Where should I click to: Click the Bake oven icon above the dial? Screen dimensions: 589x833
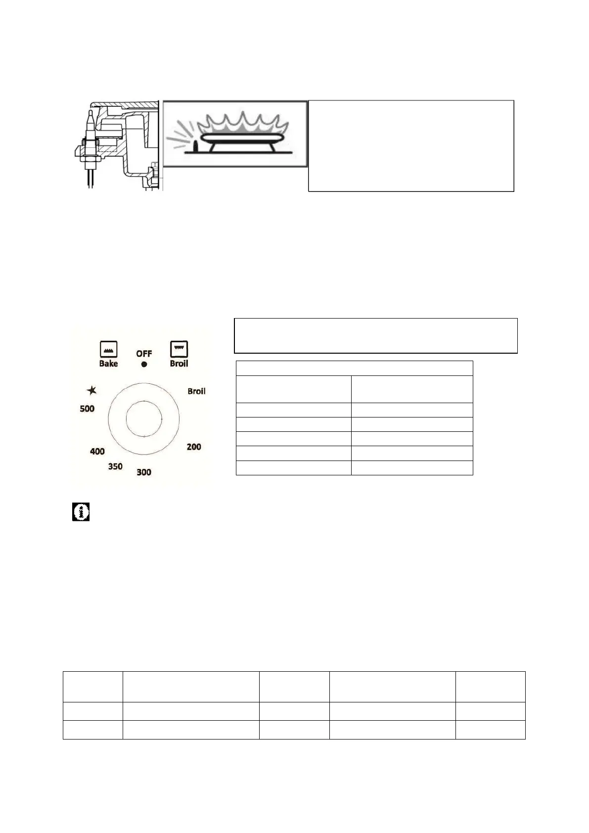108,349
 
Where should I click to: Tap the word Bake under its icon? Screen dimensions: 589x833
109,363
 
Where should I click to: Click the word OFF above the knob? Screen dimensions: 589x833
144,353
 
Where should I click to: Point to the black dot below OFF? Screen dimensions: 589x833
144,365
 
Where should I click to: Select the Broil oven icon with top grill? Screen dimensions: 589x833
179,349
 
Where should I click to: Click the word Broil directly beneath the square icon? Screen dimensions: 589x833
179,363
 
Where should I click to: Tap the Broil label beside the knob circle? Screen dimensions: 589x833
196,391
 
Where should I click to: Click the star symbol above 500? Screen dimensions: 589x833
91,390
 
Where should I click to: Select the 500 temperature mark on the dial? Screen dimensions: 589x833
87,409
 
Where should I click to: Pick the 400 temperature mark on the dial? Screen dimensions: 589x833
97,452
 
